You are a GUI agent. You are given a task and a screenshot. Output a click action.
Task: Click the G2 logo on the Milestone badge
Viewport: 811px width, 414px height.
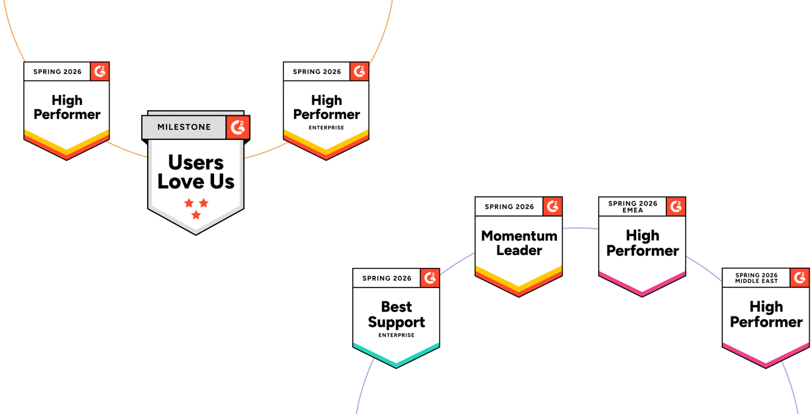[238, 127]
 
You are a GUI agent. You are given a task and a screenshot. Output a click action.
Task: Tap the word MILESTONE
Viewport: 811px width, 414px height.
[184, 127]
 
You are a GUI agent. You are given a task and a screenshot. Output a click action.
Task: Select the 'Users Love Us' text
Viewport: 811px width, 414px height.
[196, 172]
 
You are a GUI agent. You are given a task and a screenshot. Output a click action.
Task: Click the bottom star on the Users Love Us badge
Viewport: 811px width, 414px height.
[196, 215]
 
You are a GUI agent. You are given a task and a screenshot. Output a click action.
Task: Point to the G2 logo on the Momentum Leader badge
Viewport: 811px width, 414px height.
[552, 206]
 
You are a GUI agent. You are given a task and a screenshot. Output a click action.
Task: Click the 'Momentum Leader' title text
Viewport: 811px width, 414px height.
[519, 243]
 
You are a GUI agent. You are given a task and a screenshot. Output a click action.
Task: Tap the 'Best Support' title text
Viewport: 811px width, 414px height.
[397, 315]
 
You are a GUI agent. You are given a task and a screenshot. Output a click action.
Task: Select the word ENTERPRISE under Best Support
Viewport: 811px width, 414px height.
[397, 336]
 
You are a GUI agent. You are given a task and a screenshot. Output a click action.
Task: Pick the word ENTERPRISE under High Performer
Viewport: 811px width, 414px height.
[326, 128]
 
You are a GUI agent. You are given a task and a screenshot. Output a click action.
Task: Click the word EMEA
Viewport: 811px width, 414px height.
[632, 210]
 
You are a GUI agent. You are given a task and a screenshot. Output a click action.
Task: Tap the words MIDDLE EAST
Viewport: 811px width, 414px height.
[757, 281]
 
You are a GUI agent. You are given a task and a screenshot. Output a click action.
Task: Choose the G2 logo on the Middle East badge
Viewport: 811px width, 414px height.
[800, 278]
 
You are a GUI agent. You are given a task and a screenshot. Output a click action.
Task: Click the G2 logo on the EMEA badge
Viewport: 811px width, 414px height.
[676, 206]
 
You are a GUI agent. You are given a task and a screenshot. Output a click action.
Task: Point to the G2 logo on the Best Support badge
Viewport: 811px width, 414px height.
[430, 278]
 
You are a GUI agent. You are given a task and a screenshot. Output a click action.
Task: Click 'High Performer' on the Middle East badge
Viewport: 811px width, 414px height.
[766, 315]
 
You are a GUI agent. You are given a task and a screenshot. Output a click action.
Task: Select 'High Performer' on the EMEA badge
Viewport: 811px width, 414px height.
[642, 243]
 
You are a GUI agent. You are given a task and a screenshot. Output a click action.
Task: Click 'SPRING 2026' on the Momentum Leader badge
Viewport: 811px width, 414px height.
[509, 207]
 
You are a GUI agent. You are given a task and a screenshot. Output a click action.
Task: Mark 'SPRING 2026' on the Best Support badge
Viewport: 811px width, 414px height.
[387, 279]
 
